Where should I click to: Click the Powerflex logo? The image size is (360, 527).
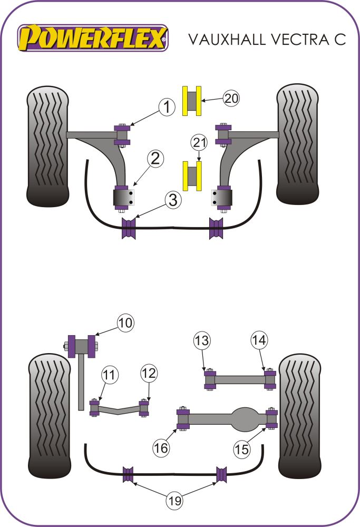(93, 37)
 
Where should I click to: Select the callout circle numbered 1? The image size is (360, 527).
(167, 108)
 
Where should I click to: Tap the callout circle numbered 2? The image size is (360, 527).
(155, 158)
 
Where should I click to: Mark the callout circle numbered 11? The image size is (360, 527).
(109, 376)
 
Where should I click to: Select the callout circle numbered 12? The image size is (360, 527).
(148, 374)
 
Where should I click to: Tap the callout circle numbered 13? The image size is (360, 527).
(201, 340)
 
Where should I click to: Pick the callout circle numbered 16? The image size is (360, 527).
(161, 448)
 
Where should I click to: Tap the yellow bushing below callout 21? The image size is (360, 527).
(193, 175)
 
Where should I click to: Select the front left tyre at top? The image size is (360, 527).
(48, 146)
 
